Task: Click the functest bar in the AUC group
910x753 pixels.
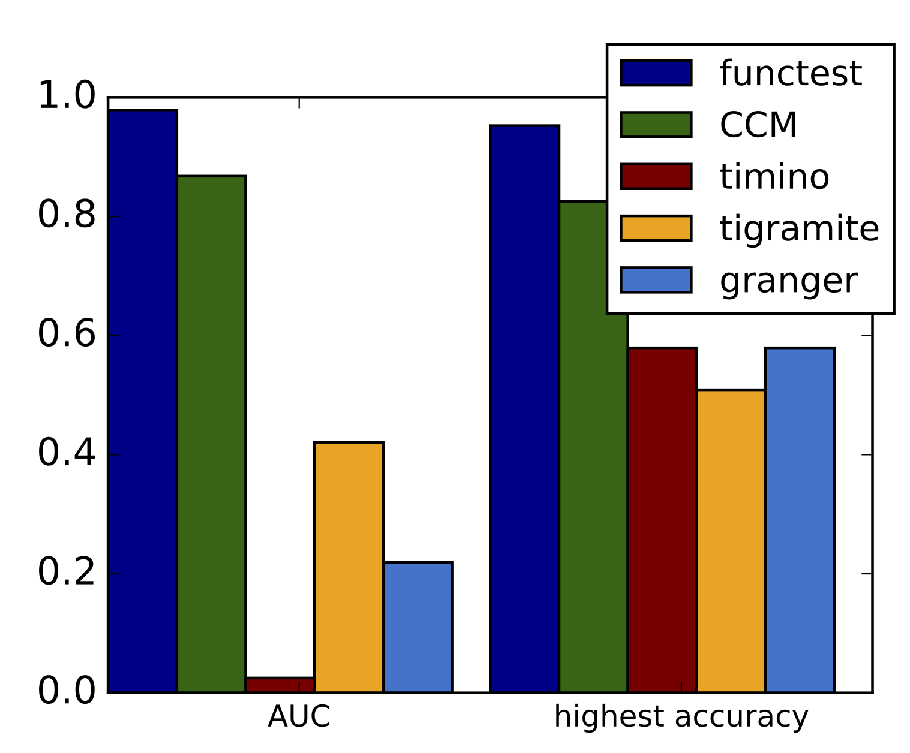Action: click(x=142, y=401)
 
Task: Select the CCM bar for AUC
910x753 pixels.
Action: click(x=211, y=434)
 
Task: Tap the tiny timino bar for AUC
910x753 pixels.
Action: click(x=280, y=685)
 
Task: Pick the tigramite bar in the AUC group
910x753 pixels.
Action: click(x=349, y=567)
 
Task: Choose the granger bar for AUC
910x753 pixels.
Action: click(x=418, y=627)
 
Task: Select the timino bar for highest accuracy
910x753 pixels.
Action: click(x=662, y=520)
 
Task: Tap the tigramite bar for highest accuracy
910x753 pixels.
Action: click(x=731, y=541)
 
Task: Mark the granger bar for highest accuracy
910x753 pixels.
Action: click(x=800, y=520)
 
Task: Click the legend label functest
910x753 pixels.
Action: click(x=791, y=73)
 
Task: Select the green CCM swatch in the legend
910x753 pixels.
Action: click(x=656, y=125)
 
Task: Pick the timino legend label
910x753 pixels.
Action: click(x=774, y=177)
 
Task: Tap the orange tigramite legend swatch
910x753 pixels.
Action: click(x=656, y=228)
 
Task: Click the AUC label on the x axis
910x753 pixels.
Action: click(x=299, y=716)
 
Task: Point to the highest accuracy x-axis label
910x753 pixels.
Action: click(x=681, y=717)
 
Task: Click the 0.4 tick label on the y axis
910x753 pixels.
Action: click(x=67, y=454)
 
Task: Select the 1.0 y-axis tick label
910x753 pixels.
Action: click(x=67, y=97)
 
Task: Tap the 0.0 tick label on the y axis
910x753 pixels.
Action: click(x=67, y=692)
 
